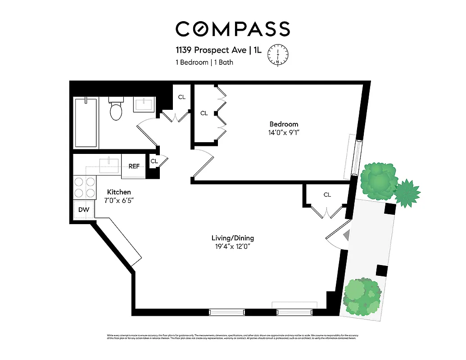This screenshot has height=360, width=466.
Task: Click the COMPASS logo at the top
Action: [232, 29]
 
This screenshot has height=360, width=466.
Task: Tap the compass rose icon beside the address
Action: [277, 55]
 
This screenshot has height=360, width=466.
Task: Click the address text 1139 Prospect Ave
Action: [214, 50]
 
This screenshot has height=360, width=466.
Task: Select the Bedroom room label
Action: [284, 124]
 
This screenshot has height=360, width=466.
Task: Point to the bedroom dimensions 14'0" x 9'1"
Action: [284, 132]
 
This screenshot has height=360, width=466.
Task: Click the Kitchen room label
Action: [119, 192]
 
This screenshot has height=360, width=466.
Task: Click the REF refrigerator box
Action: [134, 166]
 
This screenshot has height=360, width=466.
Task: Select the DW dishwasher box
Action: [84, 210]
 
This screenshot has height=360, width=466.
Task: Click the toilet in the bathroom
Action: [116, 110]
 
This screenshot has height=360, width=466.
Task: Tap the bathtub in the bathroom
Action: [86, 122]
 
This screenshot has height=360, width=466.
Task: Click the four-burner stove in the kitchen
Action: [85, 187]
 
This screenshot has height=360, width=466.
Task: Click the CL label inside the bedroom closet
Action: [204, 113]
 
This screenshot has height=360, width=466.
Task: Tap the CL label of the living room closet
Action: [327, 195]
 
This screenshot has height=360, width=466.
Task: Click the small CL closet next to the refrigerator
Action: [154, 161]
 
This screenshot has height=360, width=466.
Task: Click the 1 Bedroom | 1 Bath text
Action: [204, 63]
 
